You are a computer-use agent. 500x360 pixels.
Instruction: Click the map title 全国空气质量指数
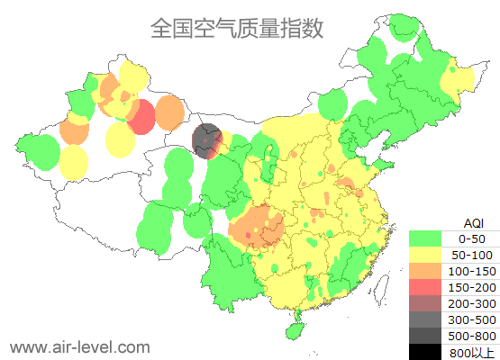236,29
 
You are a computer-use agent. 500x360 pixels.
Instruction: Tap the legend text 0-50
472,238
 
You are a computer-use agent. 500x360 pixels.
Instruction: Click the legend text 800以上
472,352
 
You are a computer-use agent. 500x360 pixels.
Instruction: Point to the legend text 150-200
472,287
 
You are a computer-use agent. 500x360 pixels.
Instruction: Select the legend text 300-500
472,319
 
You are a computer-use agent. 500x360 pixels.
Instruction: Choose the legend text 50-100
472,255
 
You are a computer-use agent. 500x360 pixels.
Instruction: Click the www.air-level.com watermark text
79,346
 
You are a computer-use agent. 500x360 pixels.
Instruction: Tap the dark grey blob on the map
208,140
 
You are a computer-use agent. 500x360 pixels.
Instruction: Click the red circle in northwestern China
141,118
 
